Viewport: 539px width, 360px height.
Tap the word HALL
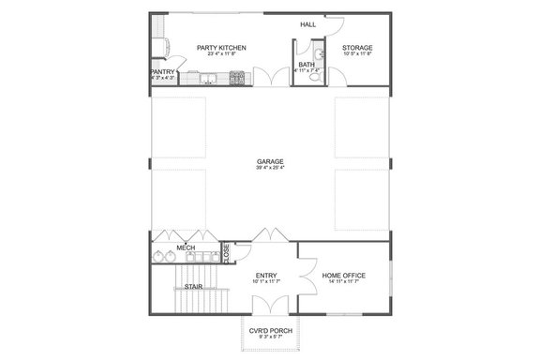pyautogui.click(x=307, y=25)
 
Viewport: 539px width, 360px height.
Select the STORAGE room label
pyautogui.click(x=357, y=47)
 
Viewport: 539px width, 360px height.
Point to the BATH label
pyautogui.click(x=307, y=64)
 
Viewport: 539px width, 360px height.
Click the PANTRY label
pyautogui.click(x=163, y=70)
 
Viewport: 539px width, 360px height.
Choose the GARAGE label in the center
pyautogui.click(x=270, y=161)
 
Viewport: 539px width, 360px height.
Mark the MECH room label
pyautogui.click(x=186, y=248)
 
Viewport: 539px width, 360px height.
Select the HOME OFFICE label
pyautogui.click(x=344, y=275)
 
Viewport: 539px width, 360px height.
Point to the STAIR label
pyautogui.click(x=192, y=286)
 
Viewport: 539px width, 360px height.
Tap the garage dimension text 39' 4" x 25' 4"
pyautogui.click(x=270, y=169)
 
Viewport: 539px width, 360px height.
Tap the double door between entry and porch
pyautogui.click(x=269, y=302)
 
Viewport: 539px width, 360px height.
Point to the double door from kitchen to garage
pyautogui.click(x=269, y=81)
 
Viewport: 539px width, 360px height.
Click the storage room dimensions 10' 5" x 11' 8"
pyautogui.click(x=357, y=54)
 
